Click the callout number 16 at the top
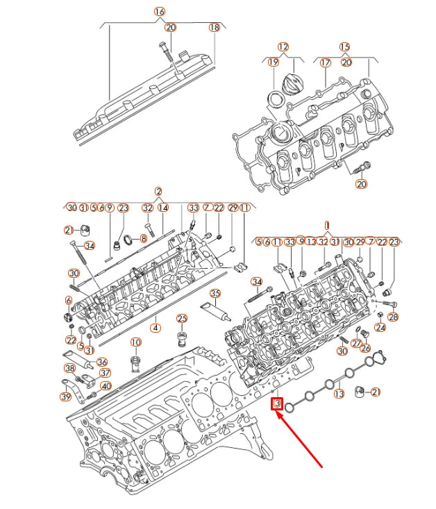159,12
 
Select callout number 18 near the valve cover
214,27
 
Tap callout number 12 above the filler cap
283,47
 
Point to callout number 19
273,62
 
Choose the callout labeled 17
325,62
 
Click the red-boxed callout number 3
277,403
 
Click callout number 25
181,319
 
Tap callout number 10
135,342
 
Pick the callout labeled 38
69,368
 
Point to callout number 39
65,397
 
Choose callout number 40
106,386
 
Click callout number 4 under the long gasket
156,327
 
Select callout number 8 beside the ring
144,238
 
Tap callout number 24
380,327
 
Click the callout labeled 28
394,317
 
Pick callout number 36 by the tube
101,361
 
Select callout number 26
366,348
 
